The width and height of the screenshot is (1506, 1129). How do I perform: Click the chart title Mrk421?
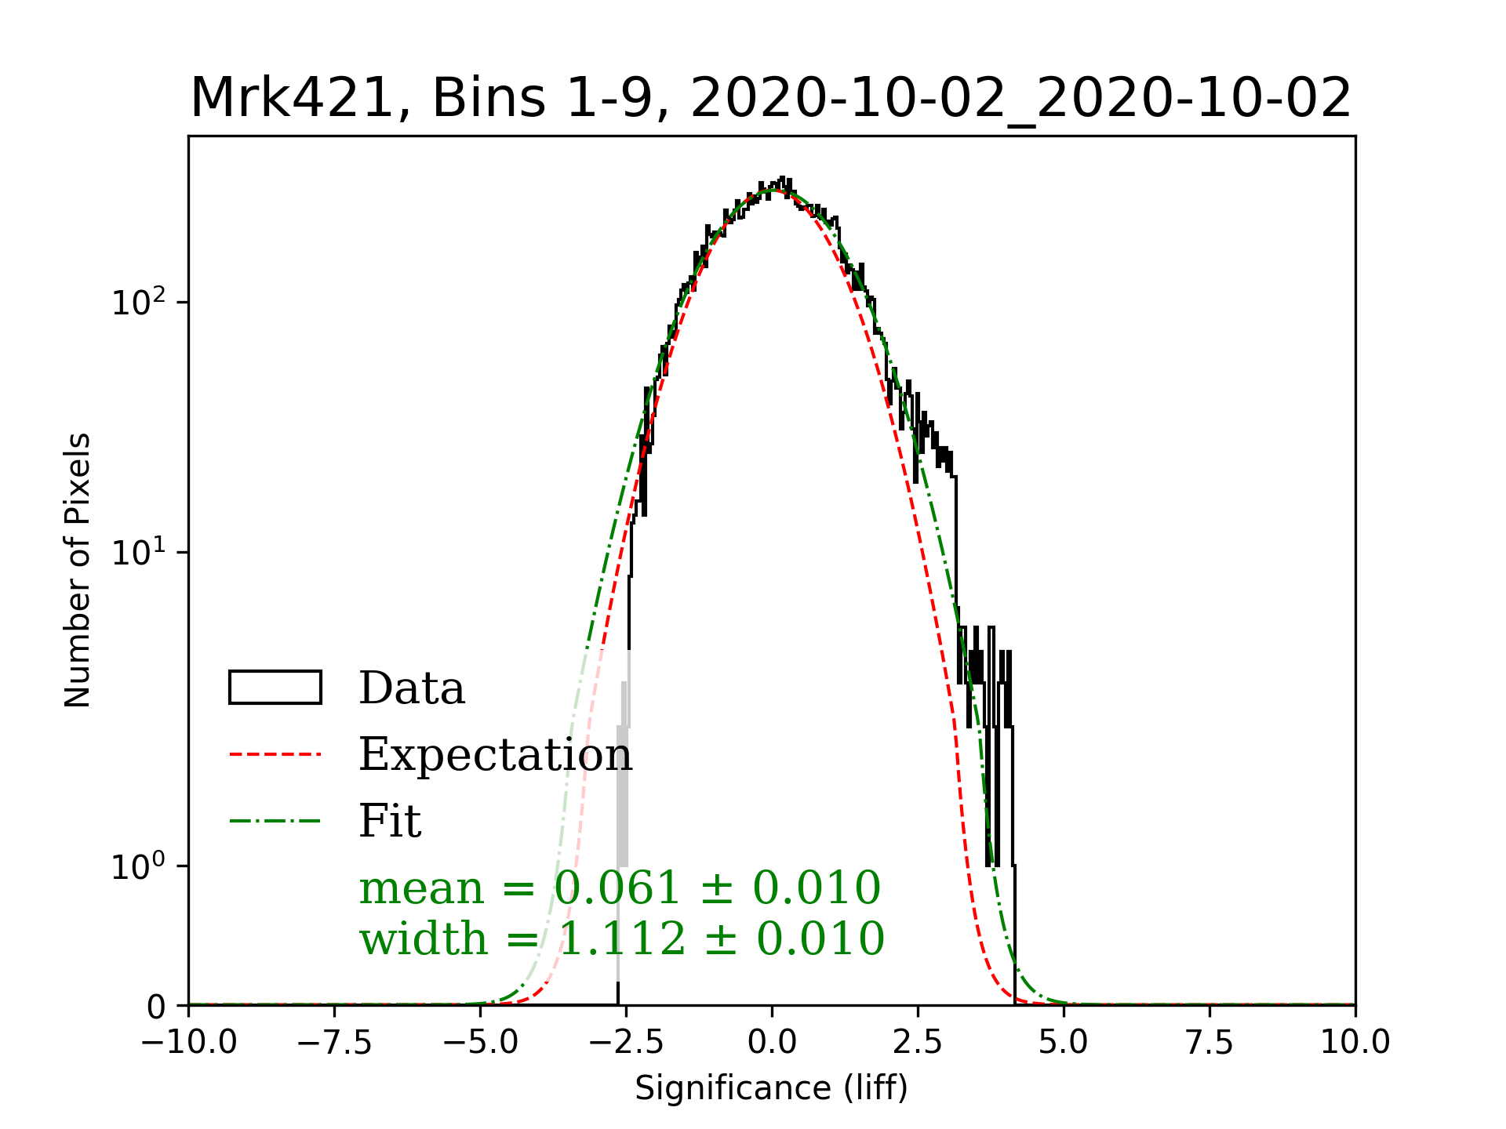pyautogui.click(x=770, y=99)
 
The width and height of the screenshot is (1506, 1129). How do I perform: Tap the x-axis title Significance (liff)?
pyautogui.click(x=771, y=1088)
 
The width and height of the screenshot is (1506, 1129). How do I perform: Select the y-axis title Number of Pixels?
pyautogui.click(x=78, y=570)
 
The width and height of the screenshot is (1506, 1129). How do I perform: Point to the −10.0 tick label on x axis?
pyautogui.click(x=188, y=1043)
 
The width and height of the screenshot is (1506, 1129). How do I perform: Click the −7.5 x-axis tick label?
pyautogui.click(x=334, y=1043)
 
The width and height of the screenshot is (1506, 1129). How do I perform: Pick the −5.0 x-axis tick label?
pyautogui.click(x=480, y=1043)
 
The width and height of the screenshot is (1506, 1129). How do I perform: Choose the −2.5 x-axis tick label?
pyautogui.click(x=626, y=1043)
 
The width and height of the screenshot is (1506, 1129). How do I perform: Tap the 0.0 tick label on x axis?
pyautogui.click(x=772, y=1043)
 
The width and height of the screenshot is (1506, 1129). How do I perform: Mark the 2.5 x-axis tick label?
pyautogui.click(x=918, y=1043)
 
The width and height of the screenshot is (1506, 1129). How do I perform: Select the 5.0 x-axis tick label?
pyautogui.click(x=1064, y=1043)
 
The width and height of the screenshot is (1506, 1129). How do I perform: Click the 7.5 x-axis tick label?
pyautogui.click(x=1210, y=1043)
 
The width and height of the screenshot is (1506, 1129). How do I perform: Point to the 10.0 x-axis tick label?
pyautogui.click(x=1355, y=1043)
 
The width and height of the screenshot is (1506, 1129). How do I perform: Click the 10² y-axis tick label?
pyautogui.click(x=139, y=302)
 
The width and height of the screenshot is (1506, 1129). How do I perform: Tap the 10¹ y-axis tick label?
pyautogui.click(x=139, y=552)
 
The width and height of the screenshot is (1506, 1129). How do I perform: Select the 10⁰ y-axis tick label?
pyautogui.click(x=139, y=866)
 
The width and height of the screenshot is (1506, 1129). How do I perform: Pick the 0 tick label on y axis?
pyautogui.click(x=156, y=1007)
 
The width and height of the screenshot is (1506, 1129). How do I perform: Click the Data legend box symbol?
pyautogui.click(x=275, y=688)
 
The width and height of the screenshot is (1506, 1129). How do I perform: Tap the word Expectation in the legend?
pyautogui.click(x=495, y=755)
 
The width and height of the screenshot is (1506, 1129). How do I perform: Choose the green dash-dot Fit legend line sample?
pyautogui.click(x=275, y=822)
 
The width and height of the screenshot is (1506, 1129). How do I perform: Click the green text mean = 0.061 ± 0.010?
pyautogui.click(x=620, y=888)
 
